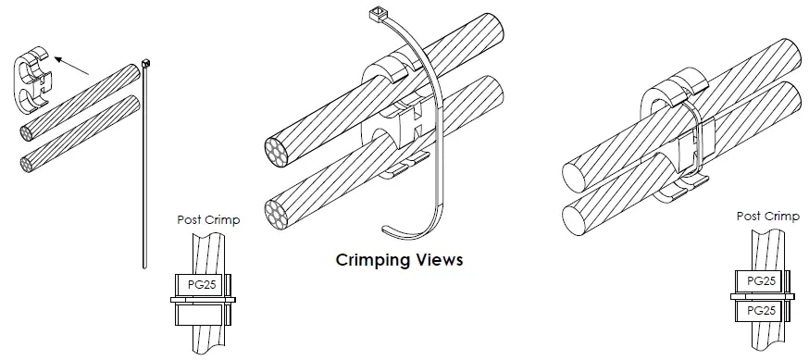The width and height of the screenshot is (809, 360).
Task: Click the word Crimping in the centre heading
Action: tap(371, 260)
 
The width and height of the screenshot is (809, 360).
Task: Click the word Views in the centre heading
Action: tap(436, 260)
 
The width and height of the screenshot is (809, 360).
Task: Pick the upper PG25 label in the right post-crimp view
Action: tap(760, 280)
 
